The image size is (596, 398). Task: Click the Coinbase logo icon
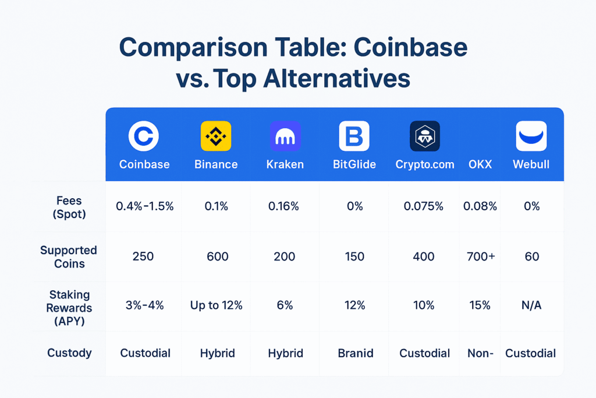click(144, 136)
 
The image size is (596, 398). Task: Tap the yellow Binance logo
click(216, 136)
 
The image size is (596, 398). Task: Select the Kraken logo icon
click(285, 136)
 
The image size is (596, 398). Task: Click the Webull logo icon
click(531, 136)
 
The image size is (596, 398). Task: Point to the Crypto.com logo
click(425, 136)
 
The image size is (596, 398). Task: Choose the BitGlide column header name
click(354, 164)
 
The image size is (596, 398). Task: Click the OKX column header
click(480, 164)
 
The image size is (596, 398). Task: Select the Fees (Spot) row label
click(69, 207)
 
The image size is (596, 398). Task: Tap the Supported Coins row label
click(69, 257)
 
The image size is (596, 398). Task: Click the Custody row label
click(69, 353)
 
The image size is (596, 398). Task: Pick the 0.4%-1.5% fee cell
click(144, 206)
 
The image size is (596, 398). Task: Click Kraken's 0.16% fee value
click(285, 206)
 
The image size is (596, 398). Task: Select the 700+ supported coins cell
click(480, 256)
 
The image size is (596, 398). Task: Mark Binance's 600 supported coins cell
click(217, 256)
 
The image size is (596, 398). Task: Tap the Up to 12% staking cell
click(217, 305)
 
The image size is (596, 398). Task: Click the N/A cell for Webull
click(531, 305)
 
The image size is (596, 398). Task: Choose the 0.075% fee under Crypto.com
click(425, 206)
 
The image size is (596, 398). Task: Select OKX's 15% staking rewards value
click(480, 305)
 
